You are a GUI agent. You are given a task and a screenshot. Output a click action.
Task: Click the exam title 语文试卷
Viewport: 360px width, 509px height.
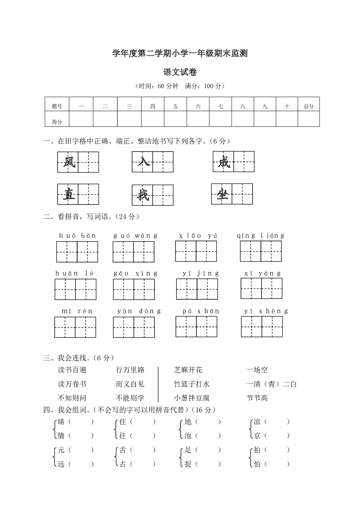[180, 72]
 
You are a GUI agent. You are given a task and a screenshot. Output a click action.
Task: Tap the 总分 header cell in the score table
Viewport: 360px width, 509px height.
[309, 106]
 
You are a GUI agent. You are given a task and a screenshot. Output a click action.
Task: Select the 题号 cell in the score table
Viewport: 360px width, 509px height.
[57, 106]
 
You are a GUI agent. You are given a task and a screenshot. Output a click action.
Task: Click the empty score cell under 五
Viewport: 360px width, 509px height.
[175, 119]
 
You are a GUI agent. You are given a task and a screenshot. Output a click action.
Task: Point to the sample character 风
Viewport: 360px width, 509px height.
[68, 162]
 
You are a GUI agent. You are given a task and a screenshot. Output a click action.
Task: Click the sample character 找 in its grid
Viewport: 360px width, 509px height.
[143, 195]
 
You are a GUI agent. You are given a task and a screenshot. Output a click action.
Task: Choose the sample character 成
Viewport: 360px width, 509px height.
[224, 162]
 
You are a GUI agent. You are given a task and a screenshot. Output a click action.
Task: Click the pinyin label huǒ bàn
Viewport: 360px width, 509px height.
[77, 236]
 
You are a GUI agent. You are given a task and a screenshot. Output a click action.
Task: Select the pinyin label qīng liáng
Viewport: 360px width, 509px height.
[260, 236]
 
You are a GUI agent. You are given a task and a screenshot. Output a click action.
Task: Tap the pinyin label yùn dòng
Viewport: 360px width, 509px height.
[139, 311]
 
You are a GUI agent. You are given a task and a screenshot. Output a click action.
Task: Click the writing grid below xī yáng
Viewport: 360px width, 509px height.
[261, 288]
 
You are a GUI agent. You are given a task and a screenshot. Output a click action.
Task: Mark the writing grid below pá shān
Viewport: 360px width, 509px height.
[196, 326]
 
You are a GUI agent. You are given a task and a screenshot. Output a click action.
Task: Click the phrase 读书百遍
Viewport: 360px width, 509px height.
[72, 370]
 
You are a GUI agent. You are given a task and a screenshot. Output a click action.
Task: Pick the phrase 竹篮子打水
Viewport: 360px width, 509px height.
[192, 384]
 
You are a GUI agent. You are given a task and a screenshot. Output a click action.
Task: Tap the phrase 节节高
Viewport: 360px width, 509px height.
[257, 398]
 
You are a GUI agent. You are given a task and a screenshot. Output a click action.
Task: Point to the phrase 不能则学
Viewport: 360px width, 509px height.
[130, 398]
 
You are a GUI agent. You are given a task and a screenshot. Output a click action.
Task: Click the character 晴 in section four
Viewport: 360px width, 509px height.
[61, 422]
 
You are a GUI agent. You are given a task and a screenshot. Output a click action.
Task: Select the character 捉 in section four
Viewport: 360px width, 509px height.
[188, 464]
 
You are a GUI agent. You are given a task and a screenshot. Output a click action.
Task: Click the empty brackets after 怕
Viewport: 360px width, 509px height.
[277, 464]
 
